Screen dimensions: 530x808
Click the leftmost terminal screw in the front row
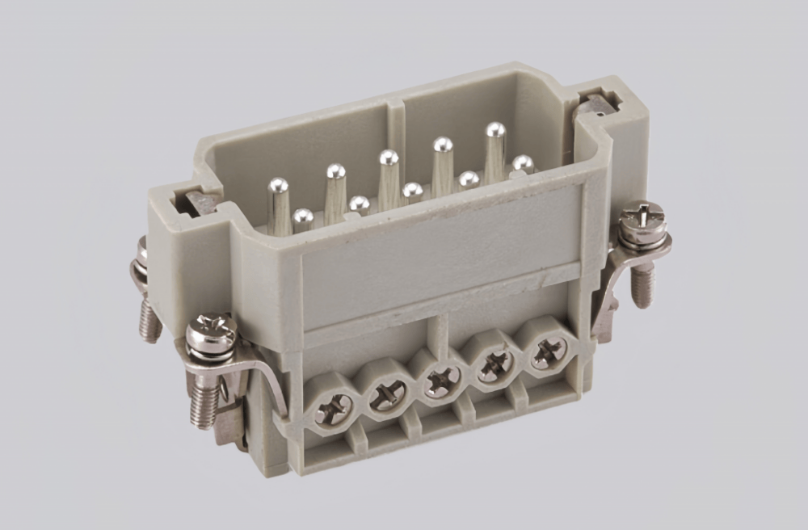pyautogui.click(x=333, y=410)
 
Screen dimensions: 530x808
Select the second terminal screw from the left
pyautogui.click(x=388, y=395)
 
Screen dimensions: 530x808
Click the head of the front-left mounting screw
pyautogui.click(x=212, y=331)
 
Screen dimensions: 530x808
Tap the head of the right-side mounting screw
pyautogui.click(x=642, y=218)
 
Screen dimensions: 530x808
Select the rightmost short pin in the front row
pyautogui.click(x=523, y=164)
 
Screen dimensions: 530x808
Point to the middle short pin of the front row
pyautogui.click(x=412, y=191)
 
